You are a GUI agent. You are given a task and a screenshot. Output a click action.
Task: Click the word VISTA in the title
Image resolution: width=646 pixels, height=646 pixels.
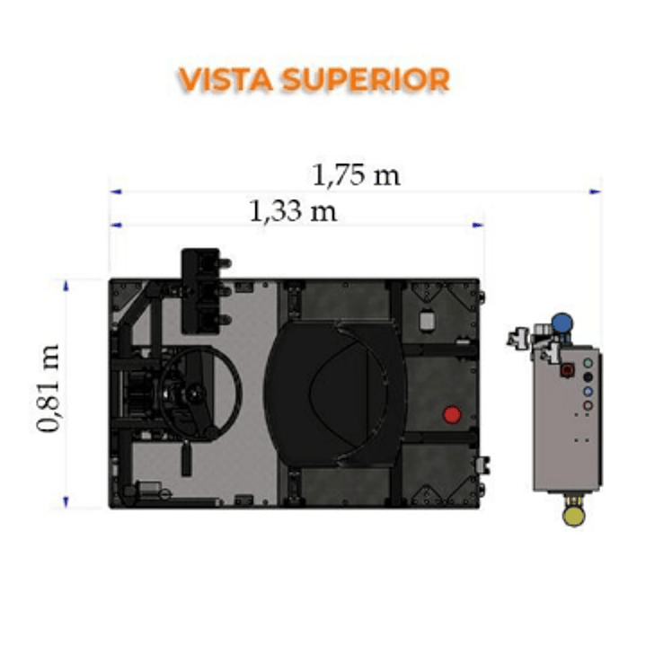coord(226,79)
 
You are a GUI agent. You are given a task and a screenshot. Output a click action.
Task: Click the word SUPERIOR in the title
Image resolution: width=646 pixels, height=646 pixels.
coord(366,79)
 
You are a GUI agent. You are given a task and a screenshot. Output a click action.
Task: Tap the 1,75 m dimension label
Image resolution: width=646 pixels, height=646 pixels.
coord(356,175)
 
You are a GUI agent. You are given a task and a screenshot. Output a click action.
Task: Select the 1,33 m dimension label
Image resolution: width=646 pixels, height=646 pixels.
coord(293,211)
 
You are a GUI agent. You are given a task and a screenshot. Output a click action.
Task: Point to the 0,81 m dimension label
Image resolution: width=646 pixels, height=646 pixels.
coord(49,388)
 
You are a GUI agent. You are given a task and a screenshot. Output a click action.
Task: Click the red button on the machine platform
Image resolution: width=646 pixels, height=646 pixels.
coord(452,414)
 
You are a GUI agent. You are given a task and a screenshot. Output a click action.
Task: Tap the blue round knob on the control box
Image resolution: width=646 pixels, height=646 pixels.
coord(562,323)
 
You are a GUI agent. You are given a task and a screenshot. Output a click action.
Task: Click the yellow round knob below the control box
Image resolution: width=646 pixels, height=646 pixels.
coord(573,517)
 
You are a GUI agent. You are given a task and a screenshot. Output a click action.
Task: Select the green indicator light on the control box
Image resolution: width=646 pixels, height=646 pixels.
coord(588,363)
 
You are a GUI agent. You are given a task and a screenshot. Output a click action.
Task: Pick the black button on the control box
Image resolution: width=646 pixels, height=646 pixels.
coord(588,377)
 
